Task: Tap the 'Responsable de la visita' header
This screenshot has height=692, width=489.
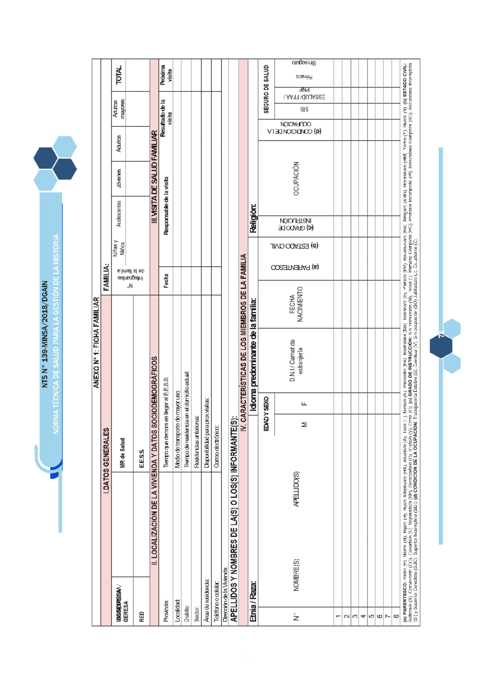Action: pyautogui.click(x=166, y=206)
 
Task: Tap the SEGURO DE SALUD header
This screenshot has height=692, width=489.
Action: pyautogui.click(x=266, y=89)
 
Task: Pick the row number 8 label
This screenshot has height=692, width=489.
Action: pyautogui.click(x=396, y=616)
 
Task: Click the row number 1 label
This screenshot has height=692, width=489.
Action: pyautogui.click(x=338, y=616)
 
